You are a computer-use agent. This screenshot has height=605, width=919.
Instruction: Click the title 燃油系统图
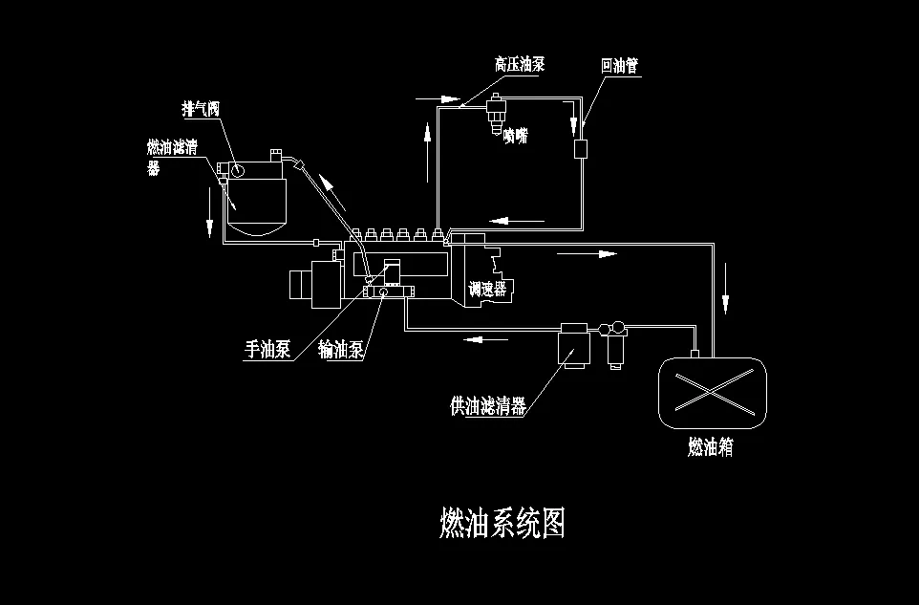[502, 524]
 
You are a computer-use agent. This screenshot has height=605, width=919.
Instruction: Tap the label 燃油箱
[711, 446]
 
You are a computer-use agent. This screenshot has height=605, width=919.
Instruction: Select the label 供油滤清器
[487, 406]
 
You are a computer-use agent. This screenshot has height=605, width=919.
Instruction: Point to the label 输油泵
[341, 350]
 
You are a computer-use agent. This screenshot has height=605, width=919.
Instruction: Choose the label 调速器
[486, 289]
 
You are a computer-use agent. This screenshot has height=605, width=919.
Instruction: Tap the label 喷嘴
[515, 135]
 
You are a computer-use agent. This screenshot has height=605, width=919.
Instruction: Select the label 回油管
[619, 66]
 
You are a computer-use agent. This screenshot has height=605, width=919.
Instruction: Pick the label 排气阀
[202, 109]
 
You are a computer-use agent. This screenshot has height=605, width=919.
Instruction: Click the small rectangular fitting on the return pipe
[581, 150]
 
